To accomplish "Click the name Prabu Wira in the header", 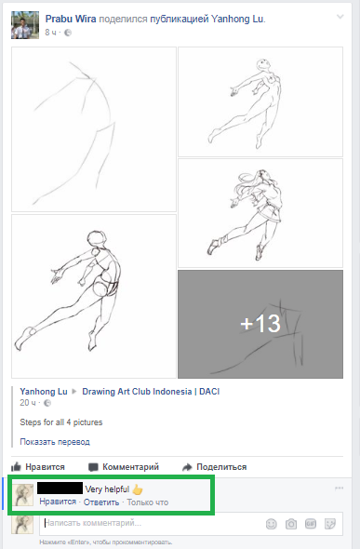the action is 71,19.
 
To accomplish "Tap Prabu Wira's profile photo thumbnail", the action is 25,25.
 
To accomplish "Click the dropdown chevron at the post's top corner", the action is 340,17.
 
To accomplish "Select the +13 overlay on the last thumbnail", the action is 260,324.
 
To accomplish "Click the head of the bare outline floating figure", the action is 263,65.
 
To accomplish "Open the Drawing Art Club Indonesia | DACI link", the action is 151,392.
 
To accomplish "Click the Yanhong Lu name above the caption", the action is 44,392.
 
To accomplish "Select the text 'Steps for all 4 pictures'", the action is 61,422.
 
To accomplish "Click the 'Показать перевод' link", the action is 55,442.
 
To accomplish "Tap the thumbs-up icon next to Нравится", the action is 17,466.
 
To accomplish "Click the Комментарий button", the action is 124,467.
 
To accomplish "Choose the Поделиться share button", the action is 215,467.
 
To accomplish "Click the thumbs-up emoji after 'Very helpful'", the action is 138,489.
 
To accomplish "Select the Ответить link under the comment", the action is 101,502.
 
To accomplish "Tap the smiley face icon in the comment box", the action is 272,524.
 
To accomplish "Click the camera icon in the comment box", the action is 291,524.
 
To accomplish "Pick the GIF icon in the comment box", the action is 311,524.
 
